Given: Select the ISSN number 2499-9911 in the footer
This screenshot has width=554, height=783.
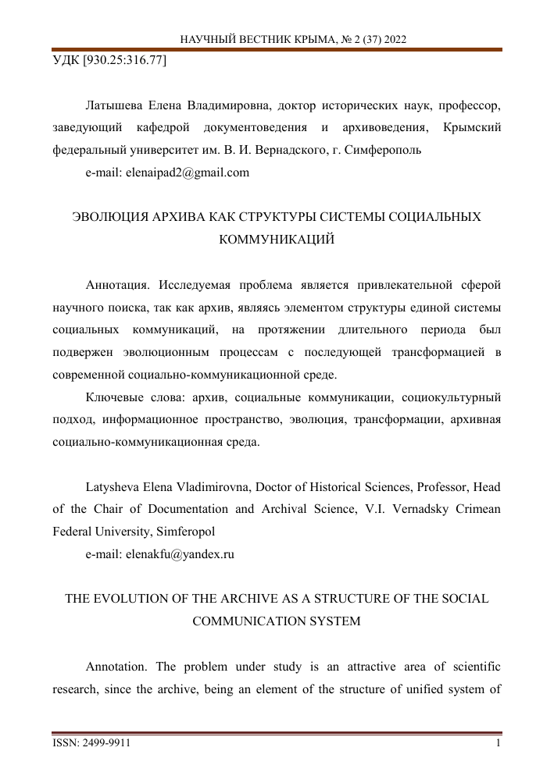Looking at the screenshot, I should click(104, 744).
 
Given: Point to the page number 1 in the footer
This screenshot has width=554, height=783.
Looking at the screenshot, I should click(498, 744).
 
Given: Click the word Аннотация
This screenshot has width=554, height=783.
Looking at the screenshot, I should click(114, 284).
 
